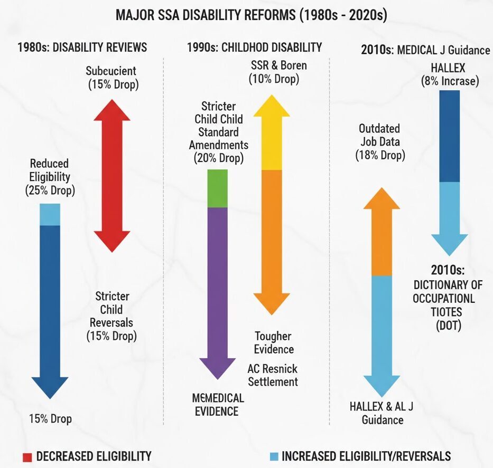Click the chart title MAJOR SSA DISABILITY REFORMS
pos(252,15)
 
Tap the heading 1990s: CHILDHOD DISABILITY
pos(254,47)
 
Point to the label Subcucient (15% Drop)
pos(111,77)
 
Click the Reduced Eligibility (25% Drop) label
pos(50,177)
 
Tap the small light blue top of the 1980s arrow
pos(50,214)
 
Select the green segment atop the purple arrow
pos(218,188)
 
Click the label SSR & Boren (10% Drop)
pos(274,73)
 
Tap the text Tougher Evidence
pos(273,342)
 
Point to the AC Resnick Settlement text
pos(273,375)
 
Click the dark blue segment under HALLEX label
pos(450,136)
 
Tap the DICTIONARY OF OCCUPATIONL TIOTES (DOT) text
pos(448,298)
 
